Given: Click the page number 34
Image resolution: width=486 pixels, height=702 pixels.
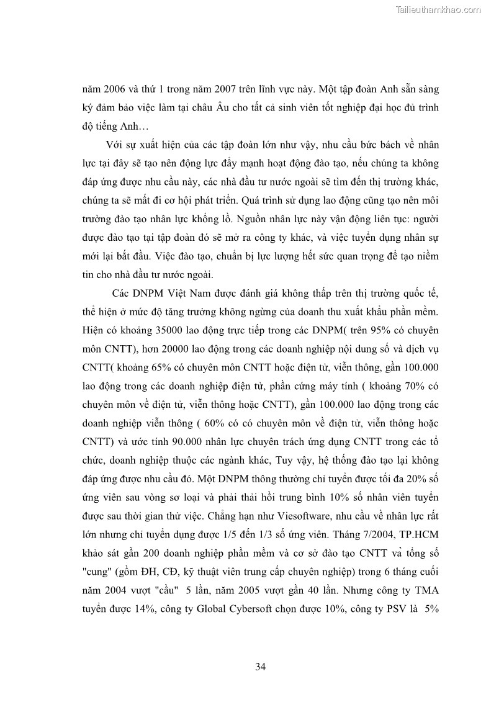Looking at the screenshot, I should (x=261, y=667).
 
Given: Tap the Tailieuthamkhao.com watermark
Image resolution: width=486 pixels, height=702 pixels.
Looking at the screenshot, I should (x=438, y=9).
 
